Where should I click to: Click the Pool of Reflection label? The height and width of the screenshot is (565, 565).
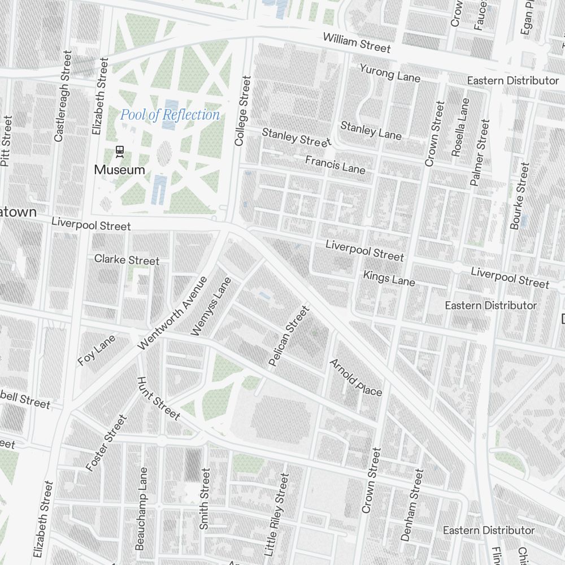170,115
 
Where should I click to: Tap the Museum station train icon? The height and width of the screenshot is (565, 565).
120,151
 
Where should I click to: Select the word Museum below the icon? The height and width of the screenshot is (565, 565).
119,169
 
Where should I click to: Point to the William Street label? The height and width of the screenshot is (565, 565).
357,43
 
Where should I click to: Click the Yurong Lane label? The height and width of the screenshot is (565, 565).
390,72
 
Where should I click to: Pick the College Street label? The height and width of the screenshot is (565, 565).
242,111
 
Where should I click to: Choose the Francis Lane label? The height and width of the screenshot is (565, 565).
335,164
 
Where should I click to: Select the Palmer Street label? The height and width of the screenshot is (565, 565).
480,153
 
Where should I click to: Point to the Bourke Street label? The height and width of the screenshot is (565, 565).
519,196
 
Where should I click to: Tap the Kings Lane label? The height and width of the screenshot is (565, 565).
389,278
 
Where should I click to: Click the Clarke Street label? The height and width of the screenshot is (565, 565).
127,260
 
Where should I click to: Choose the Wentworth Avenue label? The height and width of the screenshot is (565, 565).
172,312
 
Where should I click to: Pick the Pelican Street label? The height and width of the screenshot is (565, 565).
290,336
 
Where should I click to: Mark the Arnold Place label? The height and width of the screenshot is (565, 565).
356,377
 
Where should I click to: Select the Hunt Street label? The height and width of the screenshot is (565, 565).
158,398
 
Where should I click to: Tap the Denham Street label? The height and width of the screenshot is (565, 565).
411,505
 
